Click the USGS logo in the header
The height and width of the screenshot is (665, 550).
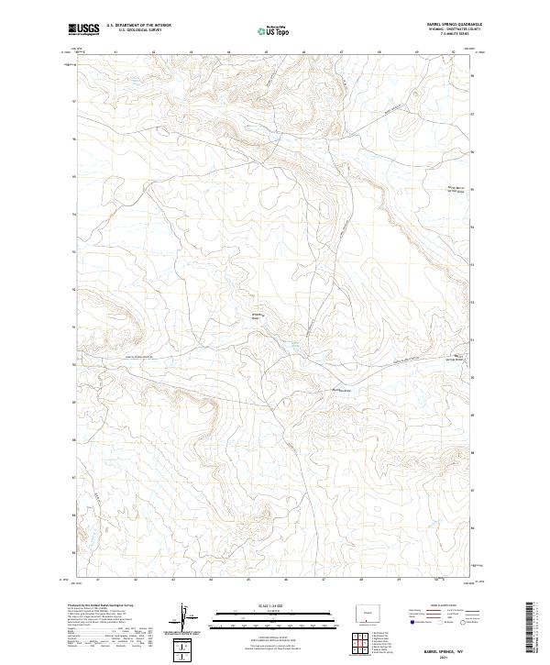83,29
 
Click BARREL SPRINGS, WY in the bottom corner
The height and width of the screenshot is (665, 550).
444,650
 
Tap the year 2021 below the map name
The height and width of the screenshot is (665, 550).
444,657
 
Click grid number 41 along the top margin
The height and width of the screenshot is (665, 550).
116,52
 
